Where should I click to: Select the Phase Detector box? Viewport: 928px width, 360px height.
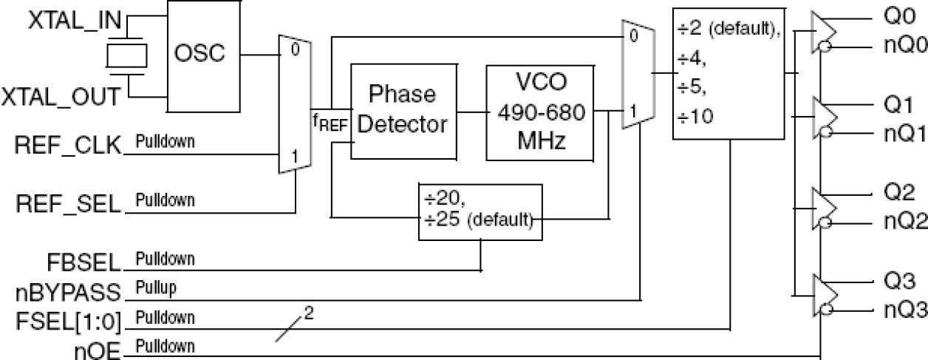pyautogui.click(x=403, y=111)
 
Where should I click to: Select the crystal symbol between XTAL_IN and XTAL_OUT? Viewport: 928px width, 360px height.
pyautogui.click(x=127, y=55)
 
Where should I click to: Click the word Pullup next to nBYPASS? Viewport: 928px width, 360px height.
pyautogui.click(x=155, y=288)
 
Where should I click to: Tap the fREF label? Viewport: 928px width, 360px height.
pyautogui.click(x=329, y=123)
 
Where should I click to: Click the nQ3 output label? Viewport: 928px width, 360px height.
pyautogui.click(x=903, y=310)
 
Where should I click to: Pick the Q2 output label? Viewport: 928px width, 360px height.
pyautogui.click(x=896, y=193)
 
